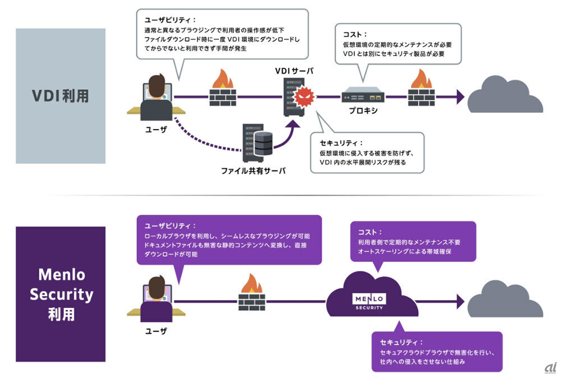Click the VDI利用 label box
(x=61, y=96)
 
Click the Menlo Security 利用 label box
(x=61, y=294)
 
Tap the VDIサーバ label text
(x=294, y=71)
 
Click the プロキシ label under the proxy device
(x=362, y=110)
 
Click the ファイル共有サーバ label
(x=254, y=170)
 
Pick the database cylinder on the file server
(x=263, y=143)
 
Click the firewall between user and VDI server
(x=223, y=89)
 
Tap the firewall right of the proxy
(x=422, y=89)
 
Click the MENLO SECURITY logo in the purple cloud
(x=369, y=301)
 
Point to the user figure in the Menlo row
(x=157, y=297)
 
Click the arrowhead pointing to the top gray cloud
(x=460, y=96)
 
